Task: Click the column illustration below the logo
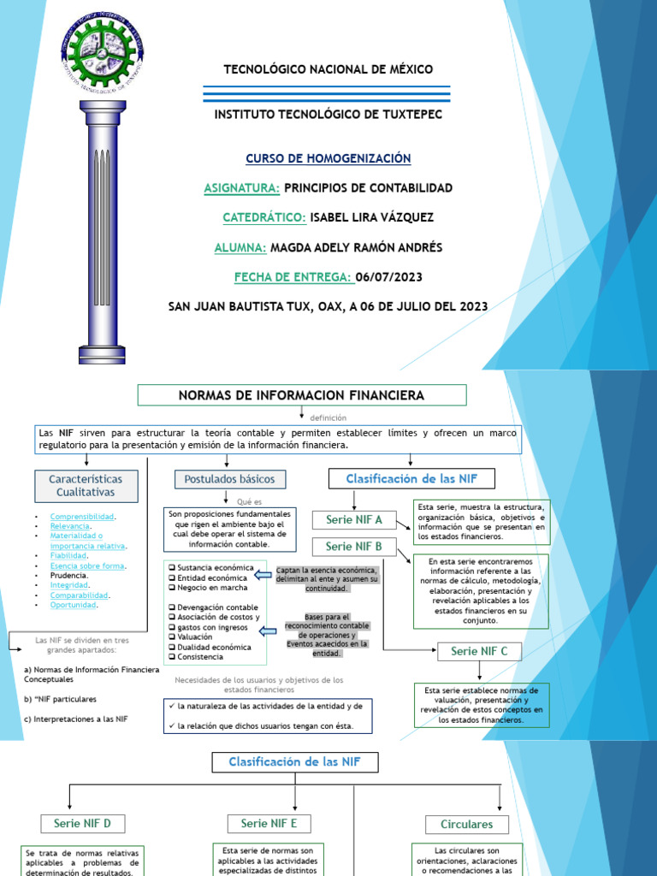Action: tap(103, 231)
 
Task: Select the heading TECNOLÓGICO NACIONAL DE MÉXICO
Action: tap(328, 69)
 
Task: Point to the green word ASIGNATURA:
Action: tap(242, 188)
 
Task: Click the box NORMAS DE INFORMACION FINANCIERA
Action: tap(301, 395)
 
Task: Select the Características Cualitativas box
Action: tap(86, 486)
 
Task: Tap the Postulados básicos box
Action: tap(230, 479)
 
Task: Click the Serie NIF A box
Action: tap(354, 520)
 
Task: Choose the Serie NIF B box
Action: tap(354, 547)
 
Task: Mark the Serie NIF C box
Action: tap(479, 652)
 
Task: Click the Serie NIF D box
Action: tap(83, 824)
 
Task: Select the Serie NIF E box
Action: tap(269, 824)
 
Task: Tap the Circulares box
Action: tap(466, 825)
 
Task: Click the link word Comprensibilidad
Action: tap(82, 517)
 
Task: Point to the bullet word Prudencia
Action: tap(68, 576)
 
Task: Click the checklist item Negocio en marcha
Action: tap(213, 588)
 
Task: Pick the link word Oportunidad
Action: tap(73, 605)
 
